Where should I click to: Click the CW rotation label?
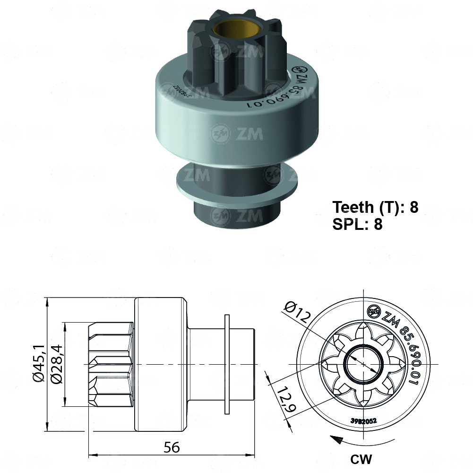[361, 458]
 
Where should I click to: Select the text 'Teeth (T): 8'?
[375, 207]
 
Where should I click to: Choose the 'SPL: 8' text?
[357, 224]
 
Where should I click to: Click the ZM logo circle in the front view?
[374, 311]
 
